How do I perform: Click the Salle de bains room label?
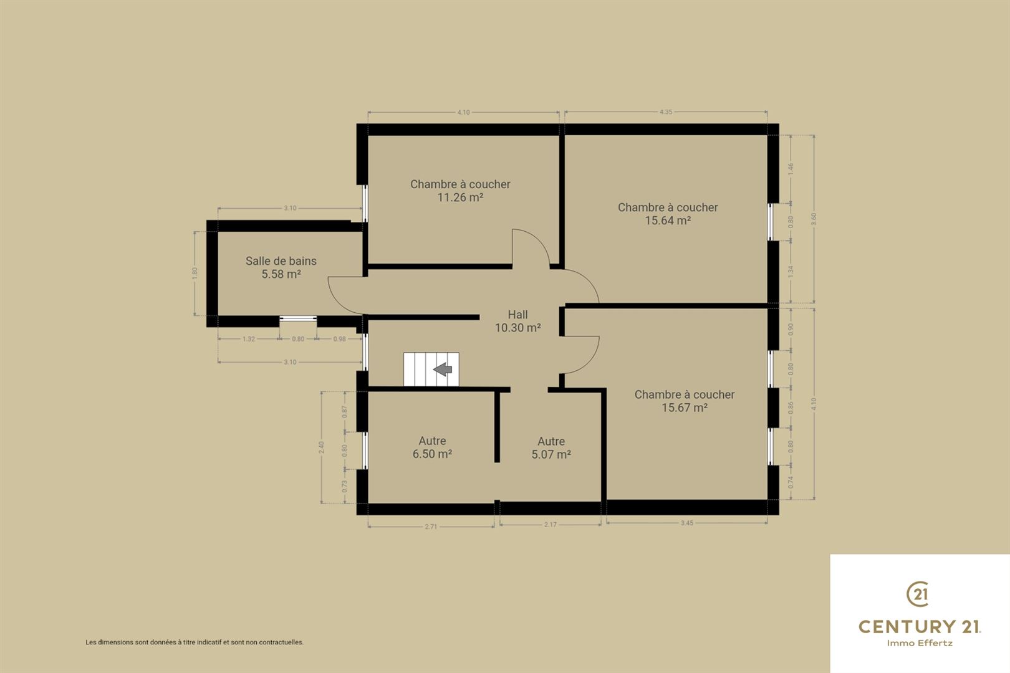point(281,267)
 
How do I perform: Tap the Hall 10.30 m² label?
point(517,321)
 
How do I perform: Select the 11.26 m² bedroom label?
point(460,191)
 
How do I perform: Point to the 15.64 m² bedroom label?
point(668,214)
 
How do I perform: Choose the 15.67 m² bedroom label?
point(685,401)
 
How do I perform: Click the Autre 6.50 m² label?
point(433,447)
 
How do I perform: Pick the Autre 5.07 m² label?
point(551,447)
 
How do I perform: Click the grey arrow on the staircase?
point(443,369)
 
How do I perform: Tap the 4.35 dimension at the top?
point(666,112)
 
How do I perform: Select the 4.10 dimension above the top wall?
point(463,112)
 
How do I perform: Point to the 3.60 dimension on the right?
point(814,219)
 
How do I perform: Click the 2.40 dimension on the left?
point(321,447)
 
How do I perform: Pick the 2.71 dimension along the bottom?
point(431,526)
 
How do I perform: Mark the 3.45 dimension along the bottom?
point(686,523)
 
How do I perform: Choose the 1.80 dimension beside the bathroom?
point(195,273)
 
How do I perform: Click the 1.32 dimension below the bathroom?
point(249,339)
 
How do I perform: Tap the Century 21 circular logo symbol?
point(918,594)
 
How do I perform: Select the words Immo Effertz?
point(920,643)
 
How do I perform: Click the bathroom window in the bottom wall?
point(298,318)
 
